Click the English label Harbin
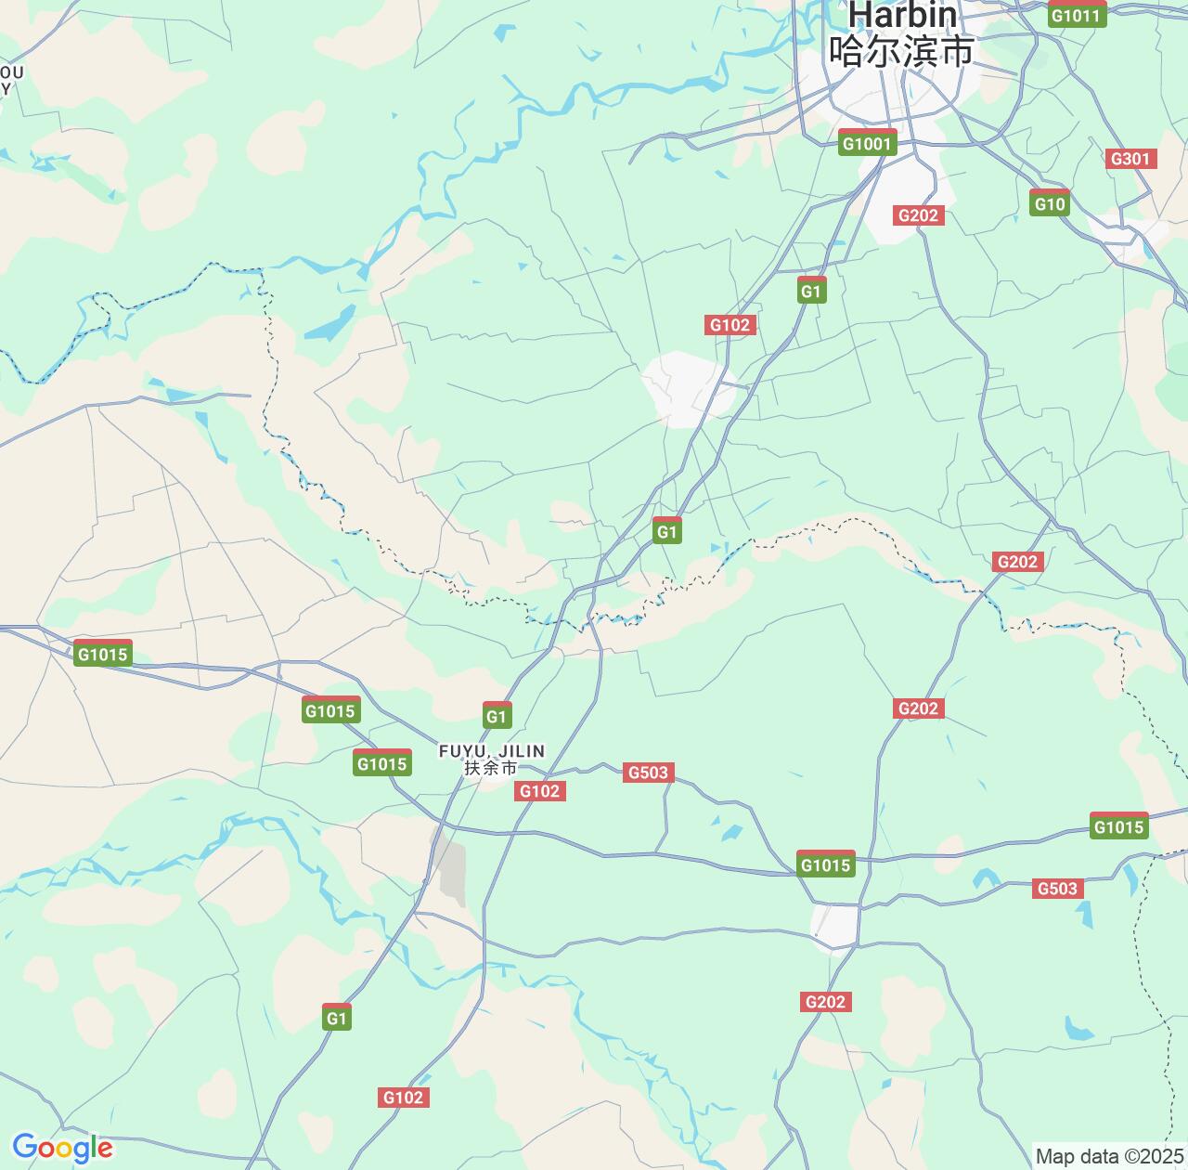tap(901, 15)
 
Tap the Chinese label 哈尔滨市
tap(901, 51)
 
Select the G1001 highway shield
tap(867, 143)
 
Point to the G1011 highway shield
tap(1077, 15)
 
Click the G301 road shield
tap(1130, 159)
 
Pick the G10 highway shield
tap(1050, 203)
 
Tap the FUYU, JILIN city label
tap(492, 750)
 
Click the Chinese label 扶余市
tap(492, 768)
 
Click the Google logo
tap(62, 1148)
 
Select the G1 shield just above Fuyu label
tap(497, 716)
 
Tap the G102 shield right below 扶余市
tap(539, 791)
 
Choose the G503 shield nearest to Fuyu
tap(649, 773)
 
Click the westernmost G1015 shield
tap(102, 654)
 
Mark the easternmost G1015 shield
tap(1119, 826)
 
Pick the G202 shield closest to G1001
tap(918, 215)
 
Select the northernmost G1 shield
tap(811, 291)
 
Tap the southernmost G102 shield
tap(403, 1098)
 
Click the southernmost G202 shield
tap(825, 1002)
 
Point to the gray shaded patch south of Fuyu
tap(450, 871)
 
